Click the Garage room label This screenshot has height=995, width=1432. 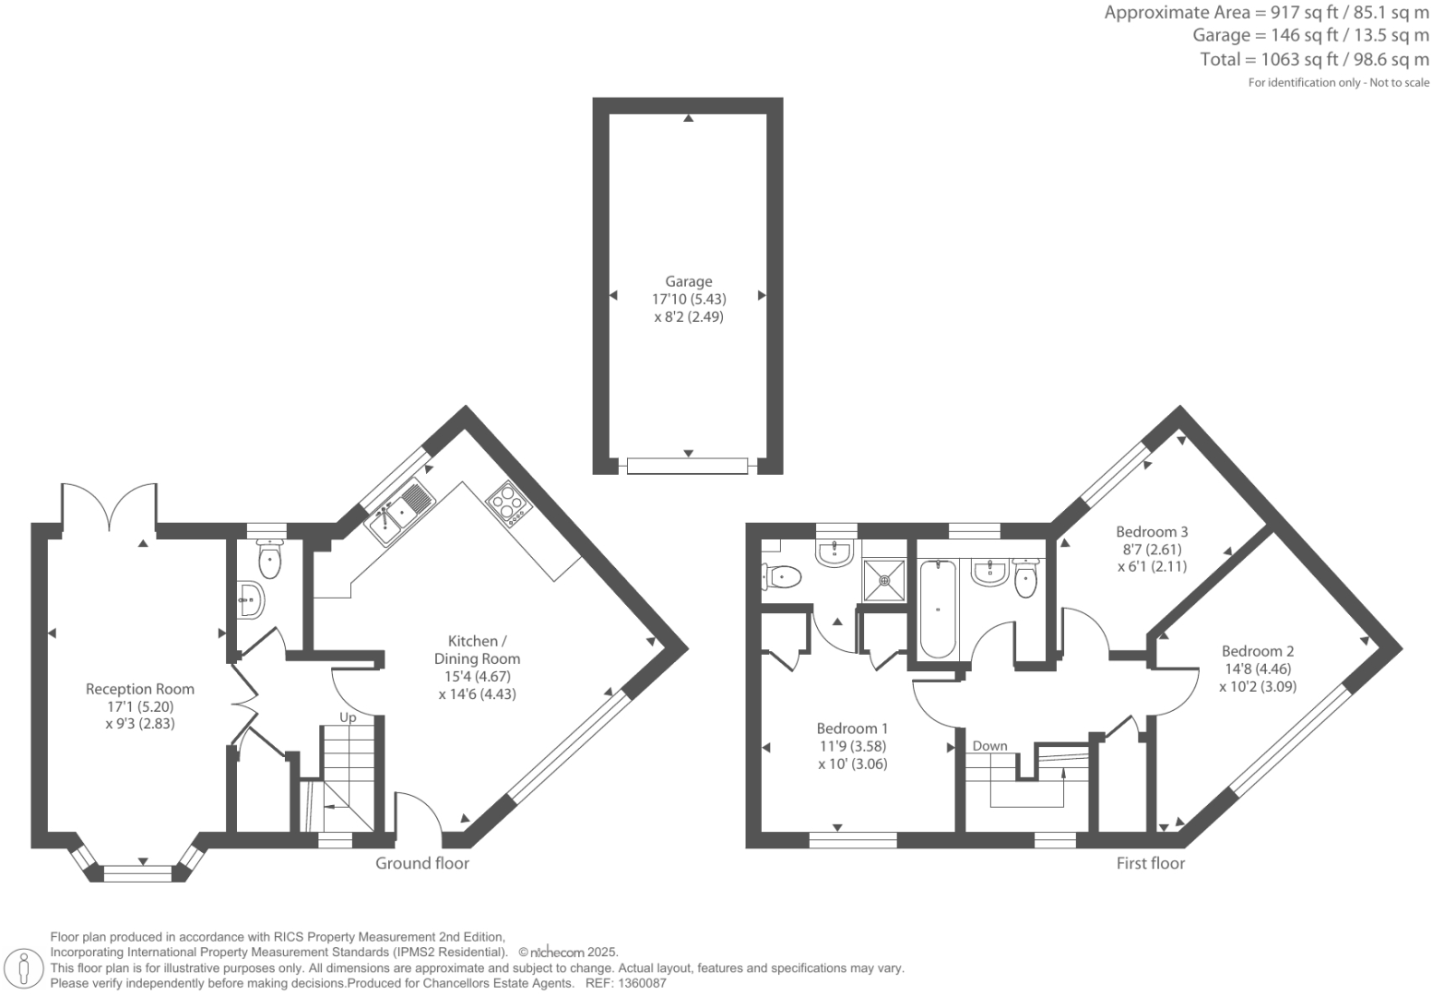pyautogui.click(x=688, y=282)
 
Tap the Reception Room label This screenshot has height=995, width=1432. pyautogui.click(x=140, y=689)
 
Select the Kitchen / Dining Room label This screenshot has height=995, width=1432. pyautogui.click(x=477, y=649)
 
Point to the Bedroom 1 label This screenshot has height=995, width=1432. pyautogui.click(x=852, y=728)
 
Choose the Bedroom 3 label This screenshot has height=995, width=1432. pyautogui.click(x=1152, y=531)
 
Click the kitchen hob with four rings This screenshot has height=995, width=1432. pyautogui.click(x=508, y=503)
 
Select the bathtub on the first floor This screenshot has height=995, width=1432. pyautogui.click(x=938, y=609)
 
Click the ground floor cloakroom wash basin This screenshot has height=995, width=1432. pyautogui.click(x=249, y=600)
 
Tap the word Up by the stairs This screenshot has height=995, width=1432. pyautogui.click(x=348, y=717)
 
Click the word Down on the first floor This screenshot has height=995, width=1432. pyautogui.click(x=989, y=746)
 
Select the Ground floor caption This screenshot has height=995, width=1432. pyautogui.click(x=421, y=863)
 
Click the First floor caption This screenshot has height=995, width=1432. pyautogui.click(x=1150, y=863)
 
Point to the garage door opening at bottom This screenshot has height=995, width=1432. pyautogui.click(x=688, y=466)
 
